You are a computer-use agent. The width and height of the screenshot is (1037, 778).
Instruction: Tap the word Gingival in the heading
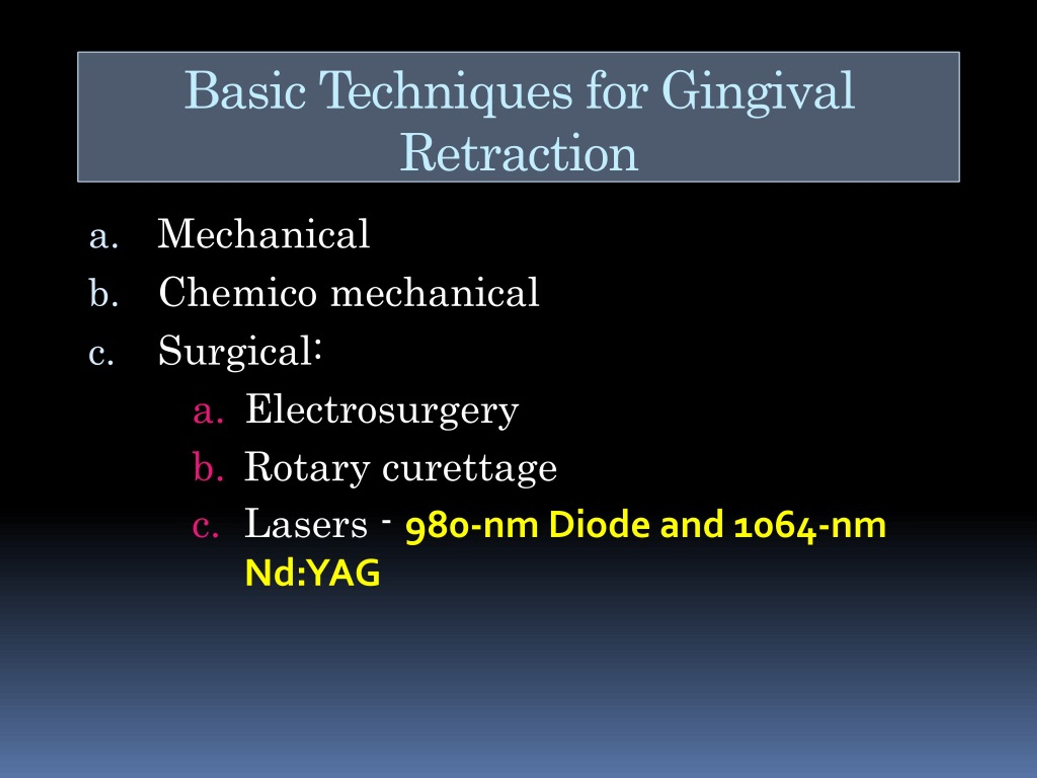(x=758, y=92)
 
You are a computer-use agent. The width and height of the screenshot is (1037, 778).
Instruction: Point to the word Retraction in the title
(x=519, y=152)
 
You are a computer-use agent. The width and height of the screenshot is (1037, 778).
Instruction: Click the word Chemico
(x=238, y=292)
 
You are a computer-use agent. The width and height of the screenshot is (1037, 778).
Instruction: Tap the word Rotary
(x=307, y=468)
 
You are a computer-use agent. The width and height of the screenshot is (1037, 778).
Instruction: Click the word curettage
(x=469, y=468)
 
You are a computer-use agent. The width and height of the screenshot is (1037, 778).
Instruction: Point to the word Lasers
(x=306, y=524)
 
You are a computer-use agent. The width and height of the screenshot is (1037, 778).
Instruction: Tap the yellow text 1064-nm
(x=810, y=526)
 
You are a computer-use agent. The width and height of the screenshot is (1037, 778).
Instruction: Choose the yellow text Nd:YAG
(x=313, y=573)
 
